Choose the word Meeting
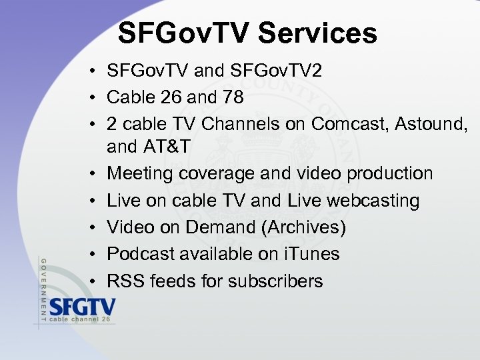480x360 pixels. click(x=137, y=174)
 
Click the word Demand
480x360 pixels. click(x=217, y=227)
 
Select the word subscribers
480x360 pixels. click(x=275, y=281)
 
